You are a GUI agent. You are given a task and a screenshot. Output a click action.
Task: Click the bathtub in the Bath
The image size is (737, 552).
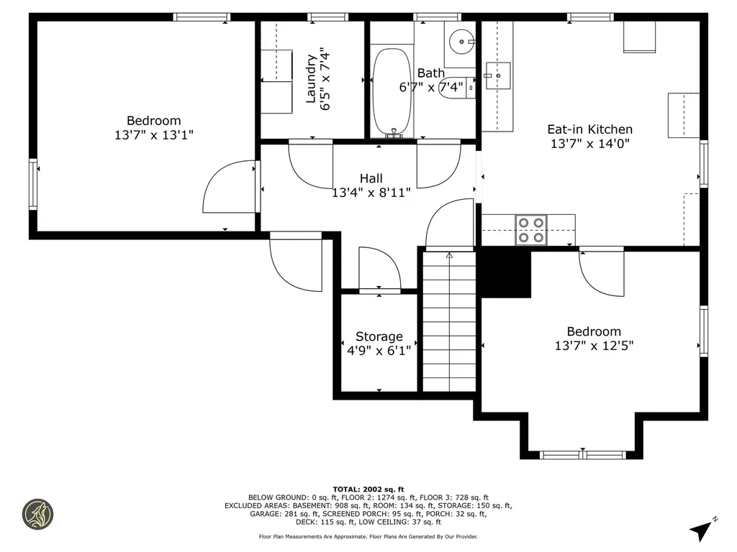(392, 91)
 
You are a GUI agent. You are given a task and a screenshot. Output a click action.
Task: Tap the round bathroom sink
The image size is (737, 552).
(462, 42)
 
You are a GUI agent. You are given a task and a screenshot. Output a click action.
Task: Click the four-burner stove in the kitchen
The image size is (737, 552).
(531, 230)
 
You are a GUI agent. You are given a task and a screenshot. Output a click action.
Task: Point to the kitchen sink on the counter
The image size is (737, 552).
(498, 75)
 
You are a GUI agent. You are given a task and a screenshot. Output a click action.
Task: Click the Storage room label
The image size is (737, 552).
(379, 336)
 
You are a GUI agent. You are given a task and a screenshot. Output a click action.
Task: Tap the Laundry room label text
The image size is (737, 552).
(311, 79)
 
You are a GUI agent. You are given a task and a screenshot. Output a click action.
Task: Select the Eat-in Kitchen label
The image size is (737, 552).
(590, 129)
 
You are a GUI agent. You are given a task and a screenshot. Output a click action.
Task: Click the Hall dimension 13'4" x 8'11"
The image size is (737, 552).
(371, 193)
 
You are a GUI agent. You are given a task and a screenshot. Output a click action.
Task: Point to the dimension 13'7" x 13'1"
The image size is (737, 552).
(154, 135)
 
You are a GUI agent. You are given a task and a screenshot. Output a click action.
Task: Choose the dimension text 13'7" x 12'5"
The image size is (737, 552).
(594, 346)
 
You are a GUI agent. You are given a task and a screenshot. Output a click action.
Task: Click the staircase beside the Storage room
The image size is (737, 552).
(449, 321)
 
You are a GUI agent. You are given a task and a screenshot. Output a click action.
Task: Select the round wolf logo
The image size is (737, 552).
(38, 514)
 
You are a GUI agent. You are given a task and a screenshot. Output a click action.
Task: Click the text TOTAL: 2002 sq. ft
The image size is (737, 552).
(368, 489)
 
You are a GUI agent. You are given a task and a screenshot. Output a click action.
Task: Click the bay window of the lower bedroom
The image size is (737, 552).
(583, 454)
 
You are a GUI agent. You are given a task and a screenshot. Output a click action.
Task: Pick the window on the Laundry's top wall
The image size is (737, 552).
(328, 17)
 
